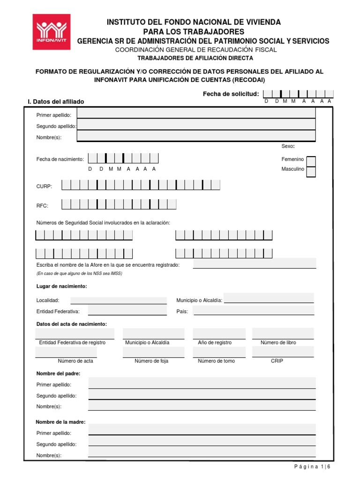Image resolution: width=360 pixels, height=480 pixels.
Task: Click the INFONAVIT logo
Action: [52, 32]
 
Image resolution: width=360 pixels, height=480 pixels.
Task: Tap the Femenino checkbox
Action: [311, 161]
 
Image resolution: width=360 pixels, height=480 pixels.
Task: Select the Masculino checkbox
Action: [311, 171]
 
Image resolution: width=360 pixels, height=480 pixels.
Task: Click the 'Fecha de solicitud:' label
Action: [231, 94]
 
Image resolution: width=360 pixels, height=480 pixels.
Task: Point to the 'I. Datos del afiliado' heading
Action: [56, 102]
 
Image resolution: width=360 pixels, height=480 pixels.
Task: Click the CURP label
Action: [45, 186]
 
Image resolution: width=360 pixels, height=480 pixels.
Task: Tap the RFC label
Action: [42, 205]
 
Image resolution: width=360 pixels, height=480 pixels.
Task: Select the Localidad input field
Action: [118, 300]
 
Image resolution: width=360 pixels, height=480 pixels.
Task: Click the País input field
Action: [254, 311]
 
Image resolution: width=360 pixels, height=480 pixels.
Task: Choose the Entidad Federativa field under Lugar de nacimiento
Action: [127, 311]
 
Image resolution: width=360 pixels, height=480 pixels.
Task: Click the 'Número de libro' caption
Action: [278, 343]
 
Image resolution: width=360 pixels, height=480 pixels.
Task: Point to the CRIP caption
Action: [277, 361]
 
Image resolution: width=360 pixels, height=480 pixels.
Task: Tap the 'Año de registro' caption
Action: [215, 343]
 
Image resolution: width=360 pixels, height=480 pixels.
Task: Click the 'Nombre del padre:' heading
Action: [58, 374]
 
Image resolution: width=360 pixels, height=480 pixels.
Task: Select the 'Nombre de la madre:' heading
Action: [61, 422]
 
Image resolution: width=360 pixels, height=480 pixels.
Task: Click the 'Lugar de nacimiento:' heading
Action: [61, 286]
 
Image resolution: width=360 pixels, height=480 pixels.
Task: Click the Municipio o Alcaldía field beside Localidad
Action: [269, 298]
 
